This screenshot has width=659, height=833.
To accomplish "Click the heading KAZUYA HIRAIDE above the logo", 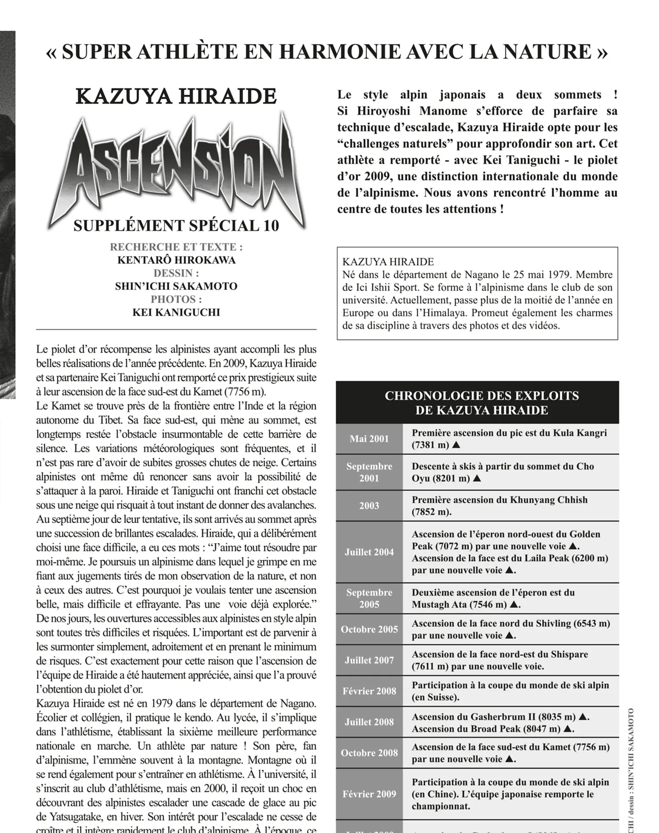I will (x=176, y=97).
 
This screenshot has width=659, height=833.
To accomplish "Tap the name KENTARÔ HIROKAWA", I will (x=176, y=260).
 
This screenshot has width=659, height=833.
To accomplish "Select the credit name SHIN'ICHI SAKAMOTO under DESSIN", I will (x=176, y=287).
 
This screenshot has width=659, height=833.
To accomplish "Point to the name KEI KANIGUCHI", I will (x=176, y=312).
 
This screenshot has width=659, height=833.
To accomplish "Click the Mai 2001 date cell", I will (x=369, y=439).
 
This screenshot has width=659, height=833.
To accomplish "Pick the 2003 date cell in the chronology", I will (x=369, y=506).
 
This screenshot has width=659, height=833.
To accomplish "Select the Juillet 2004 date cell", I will (x=369, y=552).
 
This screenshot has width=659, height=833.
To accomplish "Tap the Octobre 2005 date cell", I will (x=369, y=629).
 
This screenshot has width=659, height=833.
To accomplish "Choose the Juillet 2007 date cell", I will (x=369, y=660).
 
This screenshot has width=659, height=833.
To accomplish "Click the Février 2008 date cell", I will (x=369, y=691).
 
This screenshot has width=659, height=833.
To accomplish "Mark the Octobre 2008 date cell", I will (x=369, y=753).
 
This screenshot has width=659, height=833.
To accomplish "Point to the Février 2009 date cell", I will (x=369, y=794).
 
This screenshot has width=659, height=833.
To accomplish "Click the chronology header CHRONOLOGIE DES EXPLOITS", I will (x=482, y=396).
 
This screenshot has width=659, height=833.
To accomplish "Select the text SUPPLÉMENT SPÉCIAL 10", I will (x=176, y=226).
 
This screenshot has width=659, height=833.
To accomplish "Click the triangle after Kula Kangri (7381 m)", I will (x=456, y=445).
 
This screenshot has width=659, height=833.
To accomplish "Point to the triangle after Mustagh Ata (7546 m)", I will (x=514, y=604).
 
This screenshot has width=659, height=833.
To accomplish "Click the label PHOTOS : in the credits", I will (x=176, y=299).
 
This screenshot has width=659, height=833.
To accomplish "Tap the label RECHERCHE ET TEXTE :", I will (x=176, y=247).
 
